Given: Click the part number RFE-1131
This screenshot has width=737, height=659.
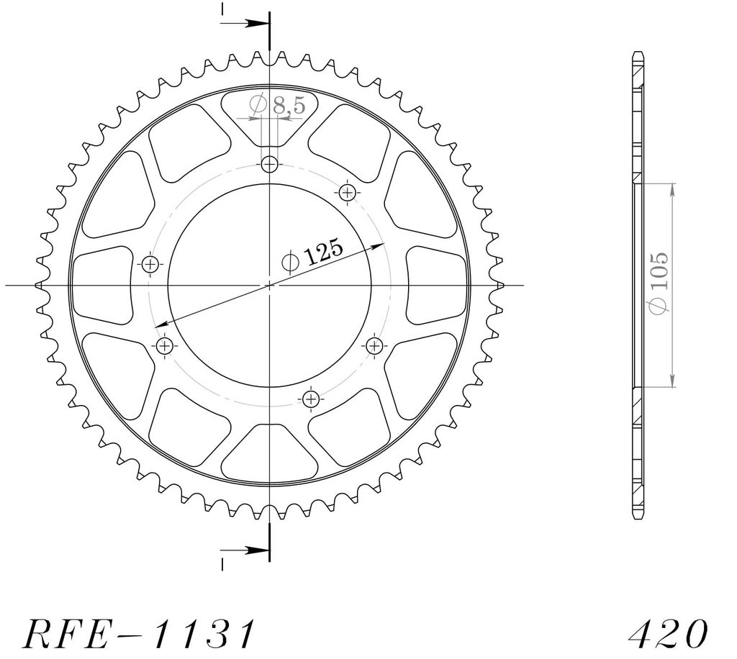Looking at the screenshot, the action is pyautogui.click(x=139, y=634).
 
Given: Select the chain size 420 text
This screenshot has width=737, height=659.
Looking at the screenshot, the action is pyautogui.click(x=668, y=634).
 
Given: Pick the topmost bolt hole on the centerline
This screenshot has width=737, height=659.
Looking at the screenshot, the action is pyautogui.click(x=270, y=165).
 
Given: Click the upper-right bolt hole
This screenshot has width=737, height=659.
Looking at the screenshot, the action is pyautogui.click(x=348, y=192).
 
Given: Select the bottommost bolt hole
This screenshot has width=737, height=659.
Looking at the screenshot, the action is pyautogui.click(x=311, y=400).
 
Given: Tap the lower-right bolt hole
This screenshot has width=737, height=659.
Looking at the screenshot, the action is pyautogui.click(x=374, y=347).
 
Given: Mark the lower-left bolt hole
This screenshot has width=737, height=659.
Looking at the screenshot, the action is pyautogui.click(x=164, y=347).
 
